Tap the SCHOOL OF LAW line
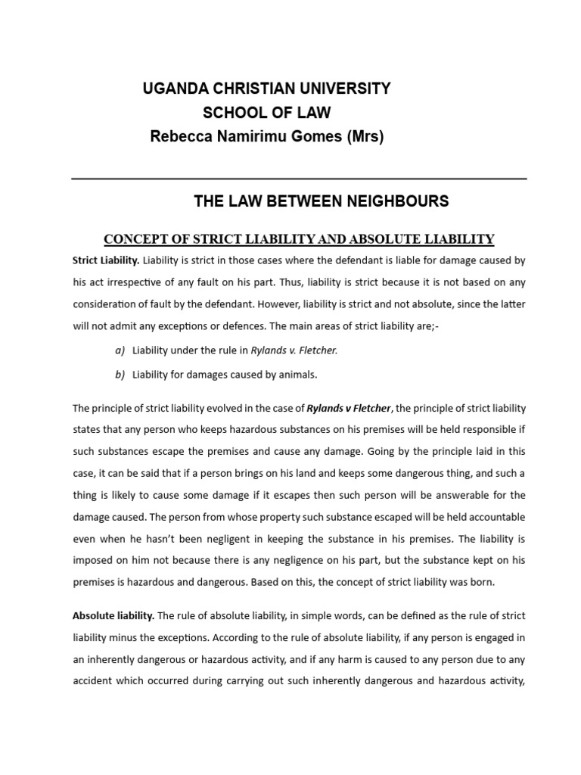266,113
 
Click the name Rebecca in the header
180,137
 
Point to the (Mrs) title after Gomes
362,137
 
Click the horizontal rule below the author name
299,179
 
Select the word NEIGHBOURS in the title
397,201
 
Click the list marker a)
120,350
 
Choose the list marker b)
120,374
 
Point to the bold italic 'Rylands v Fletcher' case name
349,409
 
